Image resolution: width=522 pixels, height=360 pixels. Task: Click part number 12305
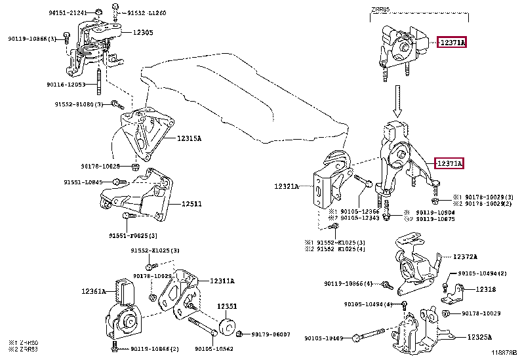tap(143, 32)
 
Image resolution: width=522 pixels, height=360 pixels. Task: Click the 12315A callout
tap(189, 138)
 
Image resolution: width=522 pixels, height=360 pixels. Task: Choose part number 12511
tap(191, 204)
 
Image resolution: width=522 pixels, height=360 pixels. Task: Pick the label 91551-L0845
tap(83, 182)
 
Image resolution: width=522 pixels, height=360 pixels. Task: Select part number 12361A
tap(94, 290)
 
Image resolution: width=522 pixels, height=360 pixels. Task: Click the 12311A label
tap(222, 281)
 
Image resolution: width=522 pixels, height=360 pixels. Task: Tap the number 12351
tap(226, 306)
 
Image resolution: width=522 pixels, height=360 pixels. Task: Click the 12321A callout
tap(287, 187)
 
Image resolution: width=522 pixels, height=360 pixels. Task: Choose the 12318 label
tap(485, 289)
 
